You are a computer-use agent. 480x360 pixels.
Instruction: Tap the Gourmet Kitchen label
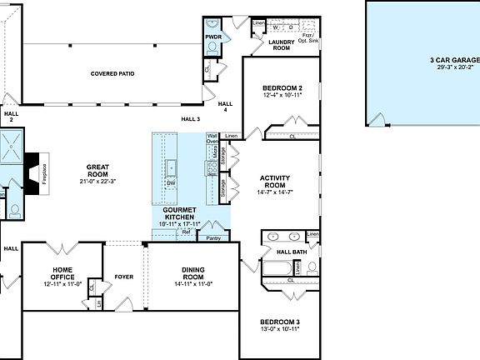[x=178, y=213]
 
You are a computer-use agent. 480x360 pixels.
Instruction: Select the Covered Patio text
[x=112, y=73]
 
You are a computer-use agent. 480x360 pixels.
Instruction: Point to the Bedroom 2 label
[x=282, y=88]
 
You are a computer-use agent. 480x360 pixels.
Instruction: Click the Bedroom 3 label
[x=279, y=322]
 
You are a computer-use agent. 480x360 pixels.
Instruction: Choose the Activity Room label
[x=275, y=182]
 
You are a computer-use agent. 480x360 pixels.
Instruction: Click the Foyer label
[x=124, y=277]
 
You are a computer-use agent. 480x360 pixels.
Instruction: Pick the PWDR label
[x=213, y=37]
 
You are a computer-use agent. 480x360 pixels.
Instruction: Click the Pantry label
[x=213, y=237]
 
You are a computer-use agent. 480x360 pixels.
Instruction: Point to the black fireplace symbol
[x=34, y=172]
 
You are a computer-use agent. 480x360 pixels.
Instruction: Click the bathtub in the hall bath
[x=278, y=268]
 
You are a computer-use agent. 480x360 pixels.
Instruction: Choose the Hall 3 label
[x=192, y=119]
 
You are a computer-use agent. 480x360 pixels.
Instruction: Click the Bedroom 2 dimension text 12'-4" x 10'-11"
[x=282, y=96]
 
